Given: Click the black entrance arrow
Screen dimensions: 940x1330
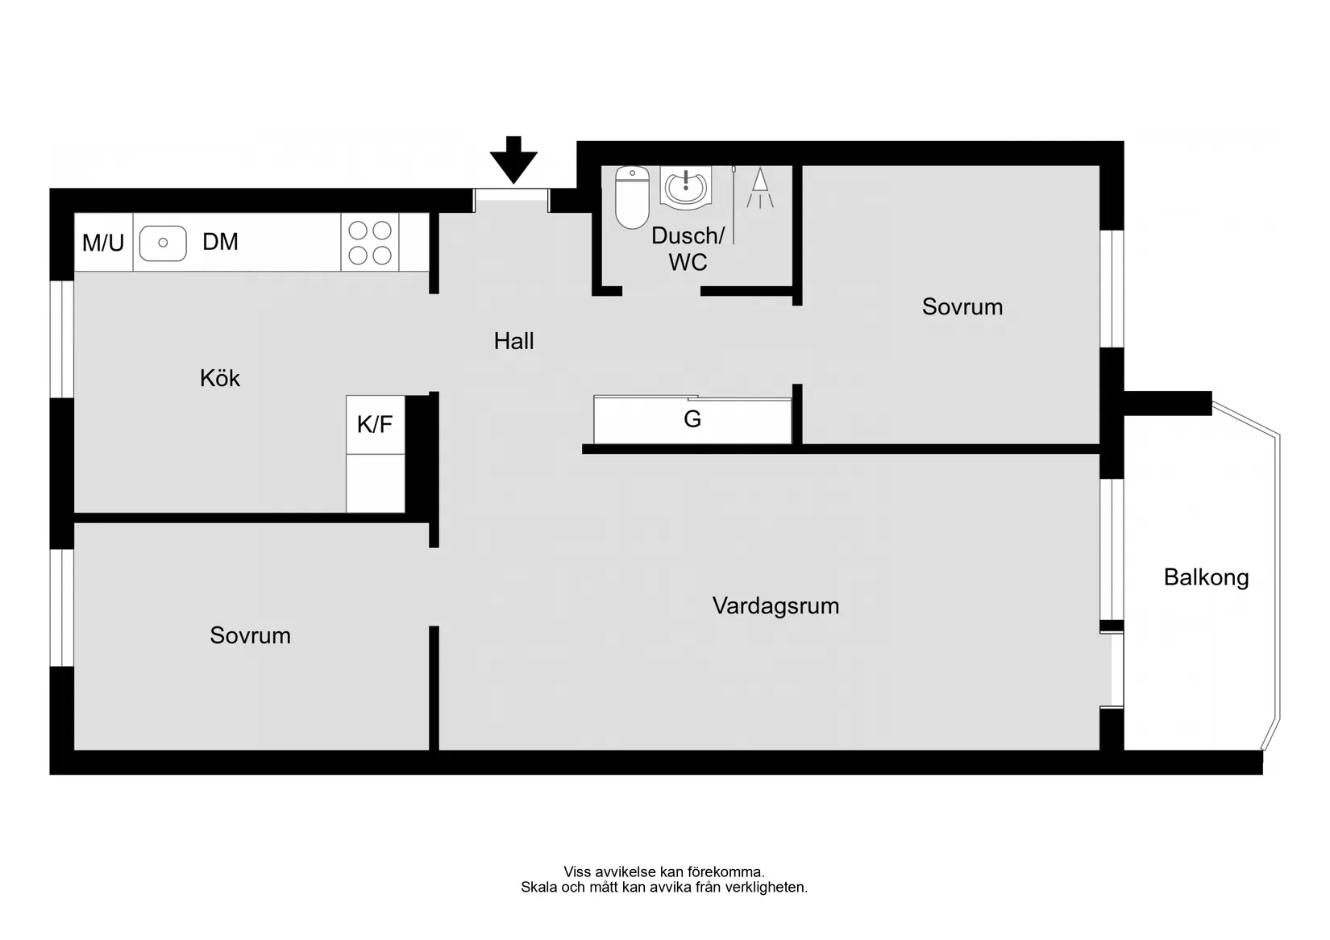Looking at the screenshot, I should click(x=513, y=159).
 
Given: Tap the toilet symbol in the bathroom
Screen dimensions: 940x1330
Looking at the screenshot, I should click(x=632, y=197).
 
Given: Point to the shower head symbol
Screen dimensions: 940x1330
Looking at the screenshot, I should click(x=759, y=188).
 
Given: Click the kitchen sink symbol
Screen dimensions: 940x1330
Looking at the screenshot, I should click(x=163, y=243).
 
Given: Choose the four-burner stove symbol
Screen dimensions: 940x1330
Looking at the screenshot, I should click(x=370, y=243).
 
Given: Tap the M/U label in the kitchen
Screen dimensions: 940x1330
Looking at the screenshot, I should click(x=103, y=243).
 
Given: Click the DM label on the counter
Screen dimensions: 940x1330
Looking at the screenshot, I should click(x=220, y=242).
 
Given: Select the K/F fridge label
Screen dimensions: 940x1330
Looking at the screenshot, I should click(x=375, y=424).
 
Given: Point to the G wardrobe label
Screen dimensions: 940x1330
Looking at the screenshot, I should click(x=692, y=419).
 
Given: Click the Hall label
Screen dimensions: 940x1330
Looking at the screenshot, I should click(x=513, y=341).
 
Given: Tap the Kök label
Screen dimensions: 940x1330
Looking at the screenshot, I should click(x=220, y=378).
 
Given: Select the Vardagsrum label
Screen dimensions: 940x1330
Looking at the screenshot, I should click(x=775, y=605).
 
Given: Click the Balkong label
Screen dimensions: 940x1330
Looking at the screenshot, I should click(x=1206, y=577).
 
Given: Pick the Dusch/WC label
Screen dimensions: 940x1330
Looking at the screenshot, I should click(x=688, y=248).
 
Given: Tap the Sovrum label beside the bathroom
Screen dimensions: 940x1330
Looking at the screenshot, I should click(x=962, y=306).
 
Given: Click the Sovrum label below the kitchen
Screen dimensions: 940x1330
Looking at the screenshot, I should click(x=250, y=635).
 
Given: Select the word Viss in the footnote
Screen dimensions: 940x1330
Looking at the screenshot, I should click(x=576, y=871).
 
